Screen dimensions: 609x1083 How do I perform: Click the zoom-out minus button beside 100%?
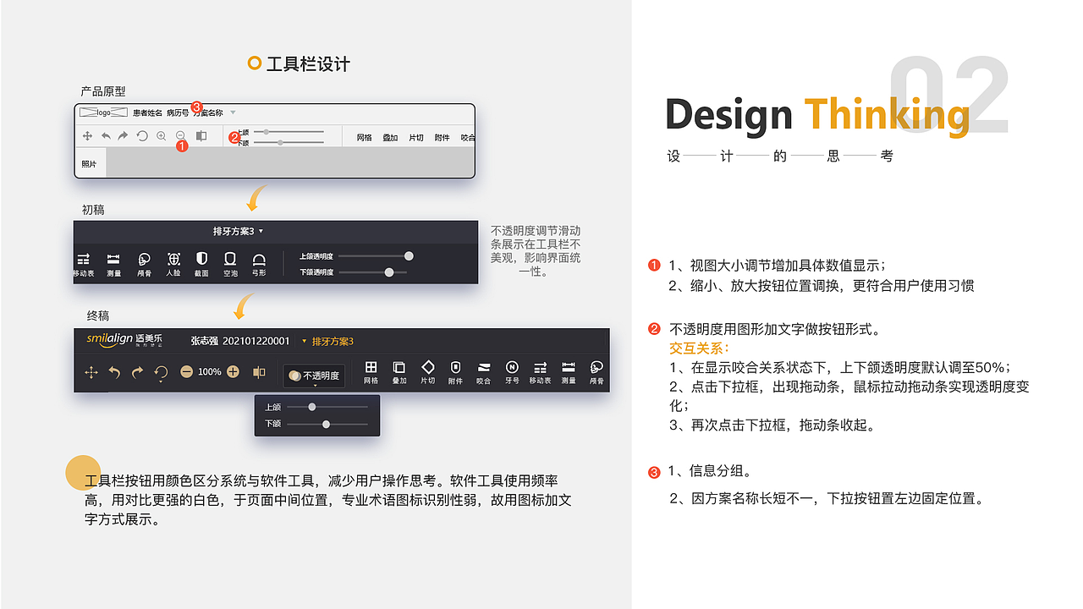186,371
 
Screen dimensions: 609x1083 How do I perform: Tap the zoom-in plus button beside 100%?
233,371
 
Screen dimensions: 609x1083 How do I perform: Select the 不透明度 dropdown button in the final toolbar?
314,376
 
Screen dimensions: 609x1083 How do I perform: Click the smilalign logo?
124,340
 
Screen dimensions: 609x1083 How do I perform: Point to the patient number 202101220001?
256,341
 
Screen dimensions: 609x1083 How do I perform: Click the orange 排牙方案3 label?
333,342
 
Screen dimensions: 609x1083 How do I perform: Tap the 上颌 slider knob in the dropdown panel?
312,407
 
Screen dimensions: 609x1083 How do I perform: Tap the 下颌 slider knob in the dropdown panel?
326,424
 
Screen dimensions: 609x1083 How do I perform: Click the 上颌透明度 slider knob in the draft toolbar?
409,255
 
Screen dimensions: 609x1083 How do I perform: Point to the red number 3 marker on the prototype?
197,107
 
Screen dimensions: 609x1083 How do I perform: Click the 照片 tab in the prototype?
89,163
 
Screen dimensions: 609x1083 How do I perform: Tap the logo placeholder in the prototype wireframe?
103,112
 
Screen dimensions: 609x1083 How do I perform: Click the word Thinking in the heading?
886,115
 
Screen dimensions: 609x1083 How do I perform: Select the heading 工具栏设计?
307,64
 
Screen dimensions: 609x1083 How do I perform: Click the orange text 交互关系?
699,348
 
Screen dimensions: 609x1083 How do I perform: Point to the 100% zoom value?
210,372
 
